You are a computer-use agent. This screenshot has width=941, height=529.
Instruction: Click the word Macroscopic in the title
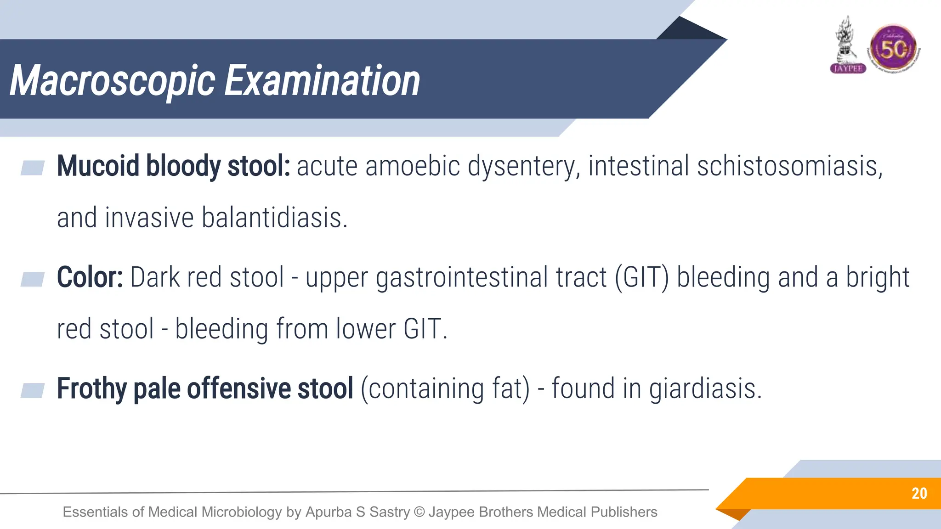(x=112, y=81)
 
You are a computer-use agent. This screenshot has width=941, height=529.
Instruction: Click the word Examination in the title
(x=322, y=81)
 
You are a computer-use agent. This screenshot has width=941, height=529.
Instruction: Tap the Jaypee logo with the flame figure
(x=847, y=46)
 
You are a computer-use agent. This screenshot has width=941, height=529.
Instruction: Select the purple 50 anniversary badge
(x=893, y=48)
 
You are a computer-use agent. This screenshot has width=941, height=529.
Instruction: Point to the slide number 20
(x=919, y=493)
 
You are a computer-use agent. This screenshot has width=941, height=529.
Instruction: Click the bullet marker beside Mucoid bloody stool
(x=33, y=168)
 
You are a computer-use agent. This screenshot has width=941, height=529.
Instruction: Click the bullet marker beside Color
(x=33, y=279)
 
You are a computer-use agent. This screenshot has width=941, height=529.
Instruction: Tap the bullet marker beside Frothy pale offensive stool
(x=33, y=390)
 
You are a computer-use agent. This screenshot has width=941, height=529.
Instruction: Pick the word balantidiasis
(x=274, y=218)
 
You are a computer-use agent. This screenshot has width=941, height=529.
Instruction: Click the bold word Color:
(x=90, y=277)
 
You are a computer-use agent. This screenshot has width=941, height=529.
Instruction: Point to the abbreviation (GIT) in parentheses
(x=642, y=277)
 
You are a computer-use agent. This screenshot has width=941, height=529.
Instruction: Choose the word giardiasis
(x=705, y=389)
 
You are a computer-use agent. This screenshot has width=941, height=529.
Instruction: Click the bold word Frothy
(x=91, y=389)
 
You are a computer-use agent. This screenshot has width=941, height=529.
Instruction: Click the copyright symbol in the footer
(x=419, y=512)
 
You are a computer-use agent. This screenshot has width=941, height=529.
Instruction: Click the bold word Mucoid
(x=98, y=166)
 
